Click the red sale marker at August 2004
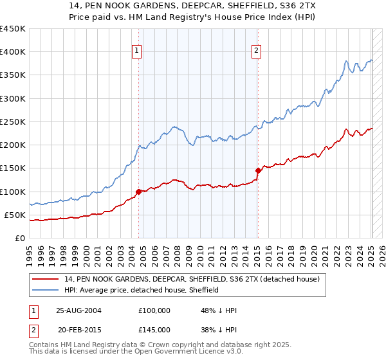pos(138,192)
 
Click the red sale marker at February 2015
pos(258,170)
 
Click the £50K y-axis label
pos(14,215)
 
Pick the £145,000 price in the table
pos(154,329)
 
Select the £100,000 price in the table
pos(154,310)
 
